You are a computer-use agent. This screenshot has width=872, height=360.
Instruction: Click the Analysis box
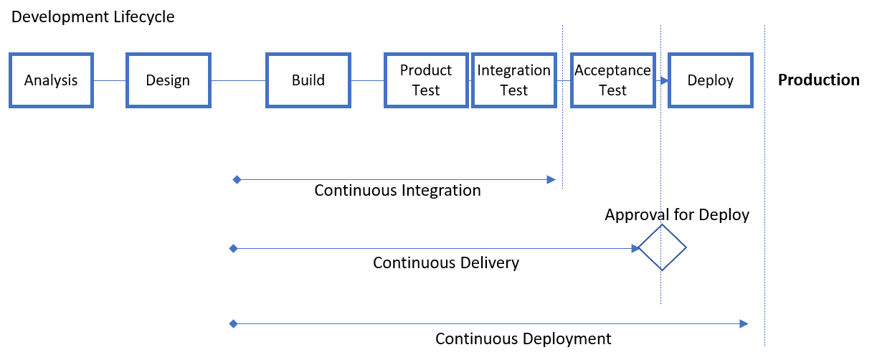click(51, 80)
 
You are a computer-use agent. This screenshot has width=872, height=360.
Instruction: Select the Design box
click(169, 80)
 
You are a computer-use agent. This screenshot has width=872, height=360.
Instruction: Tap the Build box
click(308, 80)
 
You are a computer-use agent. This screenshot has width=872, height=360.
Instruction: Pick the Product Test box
click(426, 80)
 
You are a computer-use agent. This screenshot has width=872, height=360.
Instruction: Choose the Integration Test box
click(514, 80)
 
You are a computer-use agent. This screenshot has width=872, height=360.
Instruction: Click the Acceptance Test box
click(612, 80)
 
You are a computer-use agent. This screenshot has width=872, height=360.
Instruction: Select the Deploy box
click(711, 80)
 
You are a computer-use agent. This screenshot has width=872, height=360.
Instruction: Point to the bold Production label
click(819, 80)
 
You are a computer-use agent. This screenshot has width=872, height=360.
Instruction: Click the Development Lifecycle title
click(93, 17)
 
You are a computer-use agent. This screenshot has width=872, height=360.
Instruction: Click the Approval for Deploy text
click(676, 215)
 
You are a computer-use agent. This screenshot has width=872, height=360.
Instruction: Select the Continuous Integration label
click(397, 191)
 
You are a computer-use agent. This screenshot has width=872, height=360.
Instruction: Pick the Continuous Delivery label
click(446, 262)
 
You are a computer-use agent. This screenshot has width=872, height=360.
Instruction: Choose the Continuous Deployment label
click(523, 338)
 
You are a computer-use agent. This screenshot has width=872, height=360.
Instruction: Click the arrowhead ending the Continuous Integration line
click(551, 179)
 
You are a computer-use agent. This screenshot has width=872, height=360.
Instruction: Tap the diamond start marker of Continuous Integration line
click(237, 179)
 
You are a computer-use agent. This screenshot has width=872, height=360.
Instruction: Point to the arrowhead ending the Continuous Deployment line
click(744, 324)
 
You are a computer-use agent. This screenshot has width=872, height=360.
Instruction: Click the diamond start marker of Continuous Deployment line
click(233, 324)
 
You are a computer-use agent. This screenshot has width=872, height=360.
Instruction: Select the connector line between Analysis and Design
click(110, 80)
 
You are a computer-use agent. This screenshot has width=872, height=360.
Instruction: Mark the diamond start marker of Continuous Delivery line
click(233, 248)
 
